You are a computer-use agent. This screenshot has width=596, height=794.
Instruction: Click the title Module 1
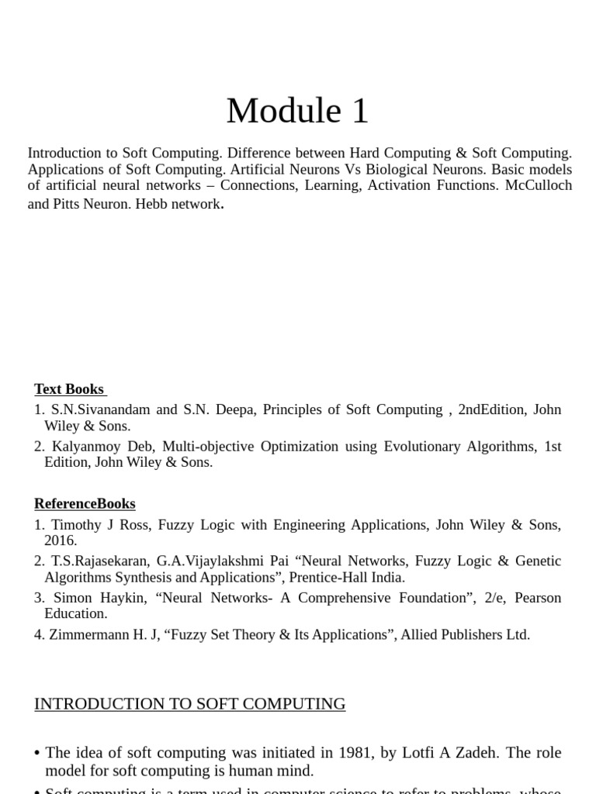coord(297,111)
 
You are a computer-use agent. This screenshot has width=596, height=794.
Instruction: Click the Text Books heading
coord(70,389)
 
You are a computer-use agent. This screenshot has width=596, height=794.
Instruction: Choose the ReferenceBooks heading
coord(85,504)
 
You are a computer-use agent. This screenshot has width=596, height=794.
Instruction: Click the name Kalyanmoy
coord(87,447)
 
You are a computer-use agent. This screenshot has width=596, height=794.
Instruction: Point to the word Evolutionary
coord(416,447)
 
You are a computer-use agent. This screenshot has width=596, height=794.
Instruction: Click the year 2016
coord(61,540)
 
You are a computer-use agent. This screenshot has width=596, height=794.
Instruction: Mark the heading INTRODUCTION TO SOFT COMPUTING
coord(190,704)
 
